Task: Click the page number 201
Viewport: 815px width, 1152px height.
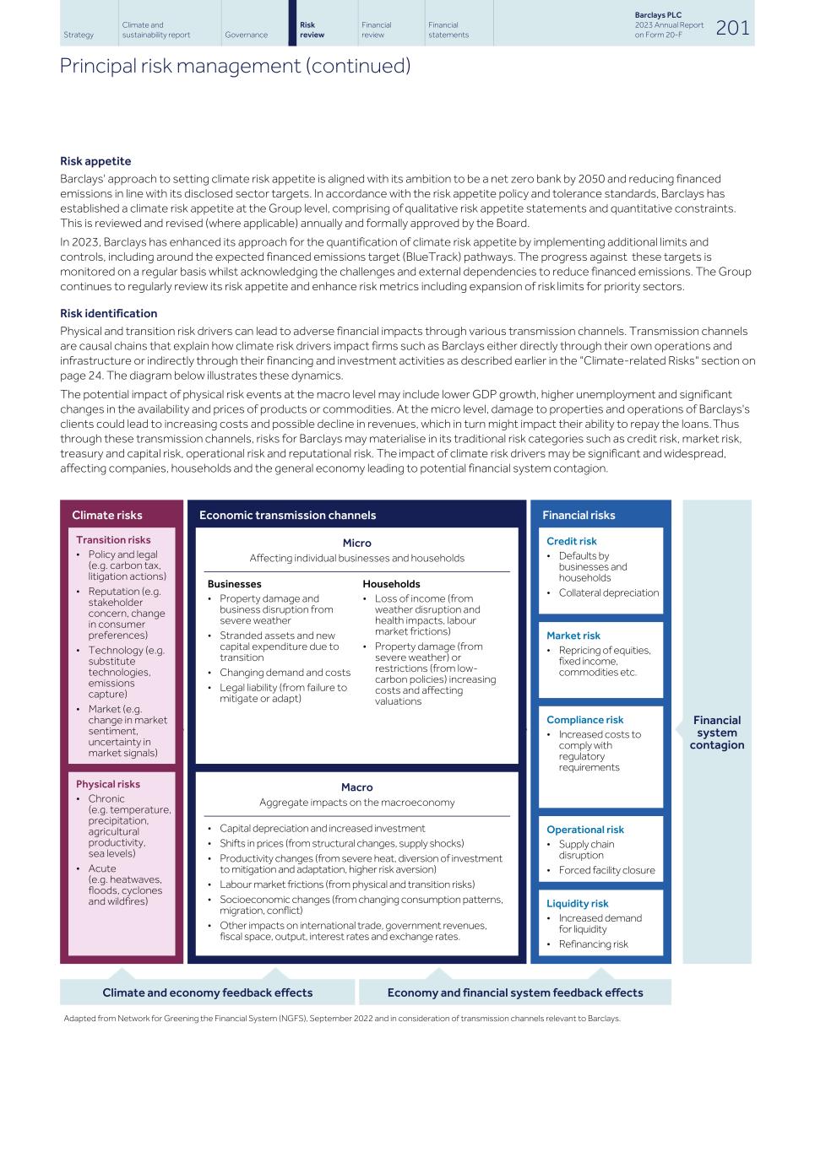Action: point(732,28)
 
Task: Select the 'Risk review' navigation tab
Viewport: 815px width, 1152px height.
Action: point(312,30)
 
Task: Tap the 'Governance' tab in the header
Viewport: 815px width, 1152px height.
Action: point(246,35)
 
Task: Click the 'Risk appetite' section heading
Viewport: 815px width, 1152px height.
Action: point(95,161)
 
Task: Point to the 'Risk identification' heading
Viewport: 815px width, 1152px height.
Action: point(108,313)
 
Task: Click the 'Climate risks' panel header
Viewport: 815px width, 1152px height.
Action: point(107,515)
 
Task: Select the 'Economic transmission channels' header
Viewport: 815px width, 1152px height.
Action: point(287,515)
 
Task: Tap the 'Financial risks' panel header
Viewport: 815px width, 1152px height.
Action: point(579,515)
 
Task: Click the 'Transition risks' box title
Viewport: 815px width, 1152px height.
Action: point(113,540)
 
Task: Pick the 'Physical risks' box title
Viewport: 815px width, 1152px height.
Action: point(108,784)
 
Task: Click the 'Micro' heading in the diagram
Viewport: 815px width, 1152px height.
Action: point(356,544)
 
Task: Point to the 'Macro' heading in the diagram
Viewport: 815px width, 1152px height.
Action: point(356,787)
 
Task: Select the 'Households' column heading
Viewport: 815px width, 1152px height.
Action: point(391,584)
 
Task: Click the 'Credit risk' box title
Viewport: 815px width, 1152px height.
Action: point(571,542)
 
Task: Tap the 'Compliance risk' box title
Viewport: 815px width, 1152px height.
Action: point(584,720)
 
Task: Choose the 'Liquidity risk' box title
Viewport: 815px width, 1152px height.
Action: point(577,904)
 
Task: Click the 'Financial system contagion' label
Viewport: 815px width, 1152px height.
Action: point(717,733)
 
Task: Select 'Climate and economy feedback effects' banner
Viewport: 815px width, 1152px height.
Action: point(207,992)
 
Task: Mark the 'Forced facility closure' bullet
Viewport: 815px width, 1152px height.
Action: point(606,871)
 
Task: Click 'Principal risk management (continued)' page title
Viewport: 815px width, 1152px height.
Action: point(235,66)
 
